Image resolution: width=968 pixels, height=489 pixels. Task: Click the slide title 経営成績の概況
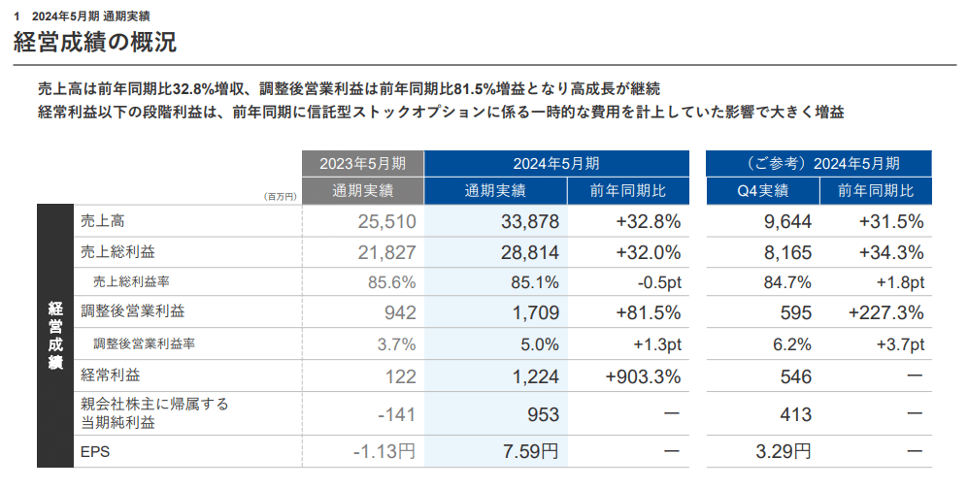pos(95,42)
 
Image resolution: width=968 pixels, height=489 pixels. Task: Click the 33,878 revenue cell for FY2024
pos(530,221)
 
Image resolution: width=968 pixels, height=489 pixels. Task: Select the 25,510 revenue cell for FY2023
pos(387,221)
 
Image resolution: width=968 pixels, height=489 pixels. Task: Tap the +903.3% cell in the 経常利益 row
pos(644,376)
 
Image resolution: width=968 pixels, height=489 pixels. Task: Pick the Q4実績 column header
pos(763,190)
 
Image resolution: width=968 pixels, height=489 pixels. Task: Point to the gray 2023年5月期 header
pos(363,163)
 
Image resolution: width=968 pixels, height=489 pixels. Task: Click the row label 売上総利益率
pos(131,281)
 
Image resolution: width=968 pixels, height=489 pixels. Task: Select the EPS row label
pos(95,451)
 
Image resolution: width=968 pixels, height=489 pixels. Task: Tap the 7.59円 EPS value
pos(530,451)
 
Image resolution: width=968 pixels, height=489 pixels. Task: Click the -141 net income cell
pos(397,414)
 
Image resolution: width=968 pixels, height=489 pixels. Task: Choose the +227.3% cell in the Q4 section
pos(885,312)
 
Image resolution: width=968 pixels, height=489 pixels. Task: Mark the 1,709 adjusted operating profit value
pos(536,312)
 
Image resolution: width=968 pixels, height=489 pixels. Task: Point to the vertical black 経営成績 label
pos(55,336)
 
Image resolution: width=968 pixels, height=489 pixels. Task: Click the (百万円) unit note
pos(281,197)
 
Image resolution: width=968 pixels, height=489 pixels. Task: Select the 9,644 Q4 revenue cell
pos(787,221)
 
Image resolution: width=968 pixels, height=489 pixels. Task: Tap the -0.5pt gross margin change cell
pos(659,282)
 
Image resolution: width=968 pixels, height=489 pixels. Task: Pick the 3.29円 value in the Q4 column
pos(784,451)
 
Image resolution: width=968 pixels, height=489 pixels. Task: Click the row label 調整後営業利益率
pos(145,343)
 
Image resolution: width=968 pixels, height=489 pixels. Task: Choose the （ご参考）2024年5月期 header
pos(819,163)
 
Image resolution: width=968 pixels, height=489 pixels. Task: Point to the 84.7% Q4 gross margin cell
pos(787,282)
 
